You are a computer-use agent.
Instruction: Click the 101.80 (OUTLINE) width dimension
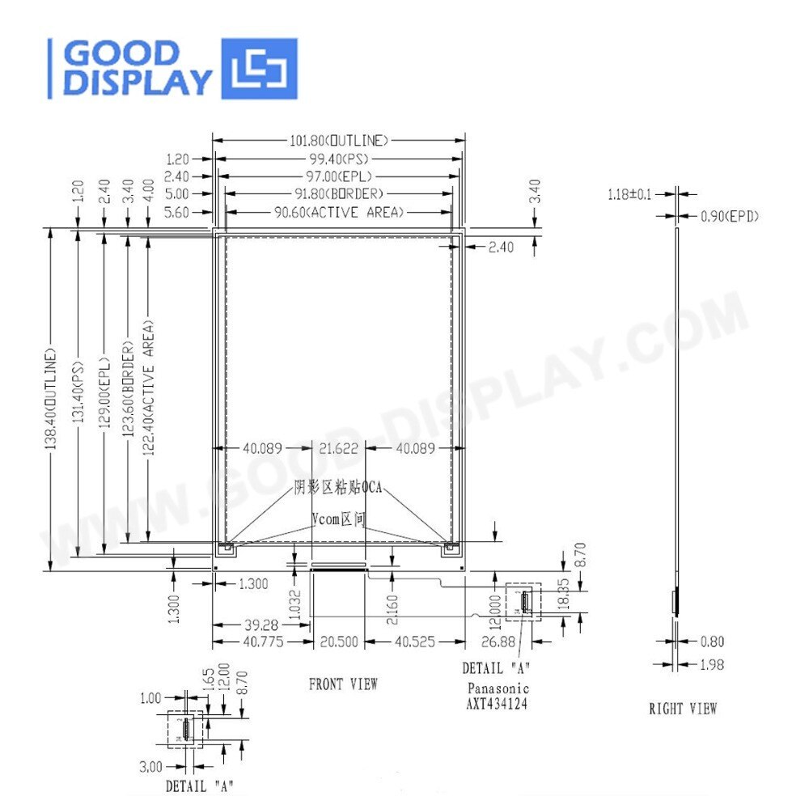click(338, 140)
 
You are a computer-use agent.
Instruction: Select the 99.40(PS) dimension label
click(338, 158)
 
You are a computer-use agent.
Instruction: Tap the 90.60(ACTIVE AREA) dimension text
click(338, 212)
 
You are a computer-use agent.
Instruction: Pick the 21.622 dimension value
click(338, 448)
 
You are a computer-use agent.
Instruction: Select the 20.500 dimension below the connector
click(338, 642)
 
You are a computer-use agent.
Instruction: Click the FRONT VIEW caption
click(343, 684)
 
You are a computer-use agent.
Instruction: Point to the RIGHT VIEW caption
click(683, 709)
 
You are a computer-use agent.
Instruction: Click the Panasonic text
click(498, 688)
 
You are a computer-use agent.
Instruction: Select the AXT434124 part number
click(498, 703)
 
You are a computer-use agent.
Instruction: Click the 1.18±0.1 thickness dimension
click(631, 194)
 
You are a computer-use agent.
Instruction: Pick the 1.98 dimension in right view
click(711, 664)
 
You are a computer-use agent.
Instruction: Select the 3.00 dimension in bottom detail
click(150, 765)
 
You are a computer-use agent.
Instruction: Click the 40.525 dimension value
click(415, 642)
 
